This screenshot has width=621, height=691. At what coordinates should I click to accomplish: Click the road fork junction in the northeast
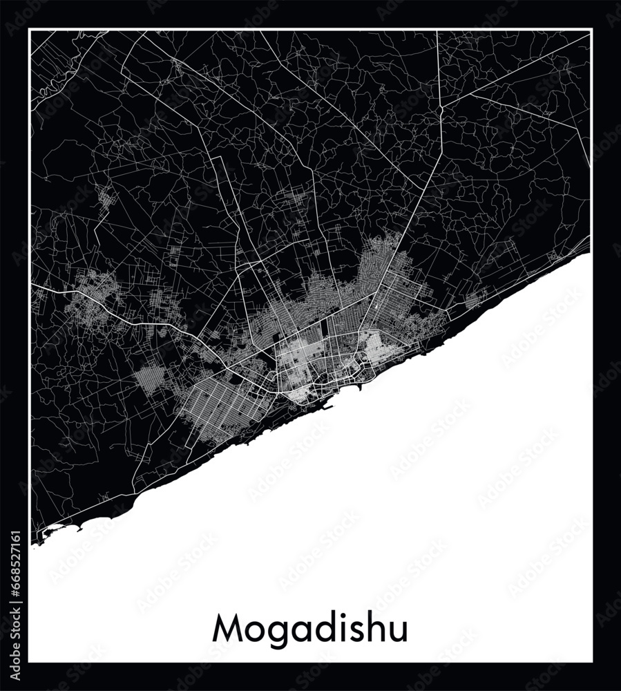(x=442, y=107)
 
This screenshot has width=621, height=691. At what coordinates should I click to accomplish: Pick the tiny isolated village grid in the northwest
(x=107, y=200)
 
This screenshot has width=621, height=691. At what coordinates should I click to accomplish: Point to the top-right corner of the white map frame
(x=592, y=28)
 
